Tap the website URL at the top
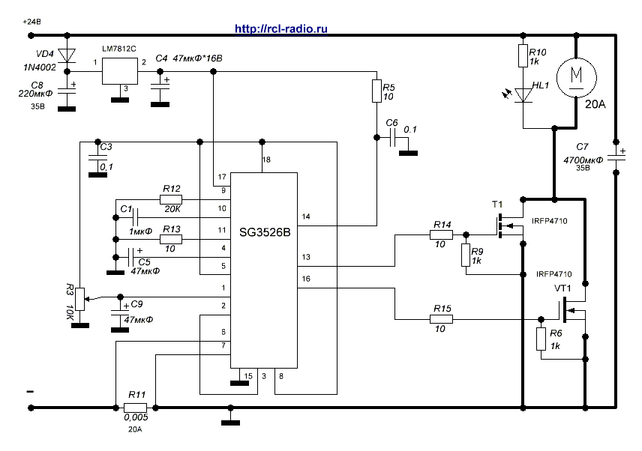(281, 28)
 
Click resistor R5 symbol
(377, 91)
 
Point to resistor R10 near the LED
(522, 56)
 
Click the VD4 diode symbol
(69, 55)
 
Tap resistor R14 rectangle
(441, 234)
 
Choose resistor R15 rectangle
(441, 319)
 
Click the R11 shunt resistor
(136, 408)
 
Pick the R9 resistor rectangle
(466, 255)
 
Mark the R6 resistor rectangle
(541, 340)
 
